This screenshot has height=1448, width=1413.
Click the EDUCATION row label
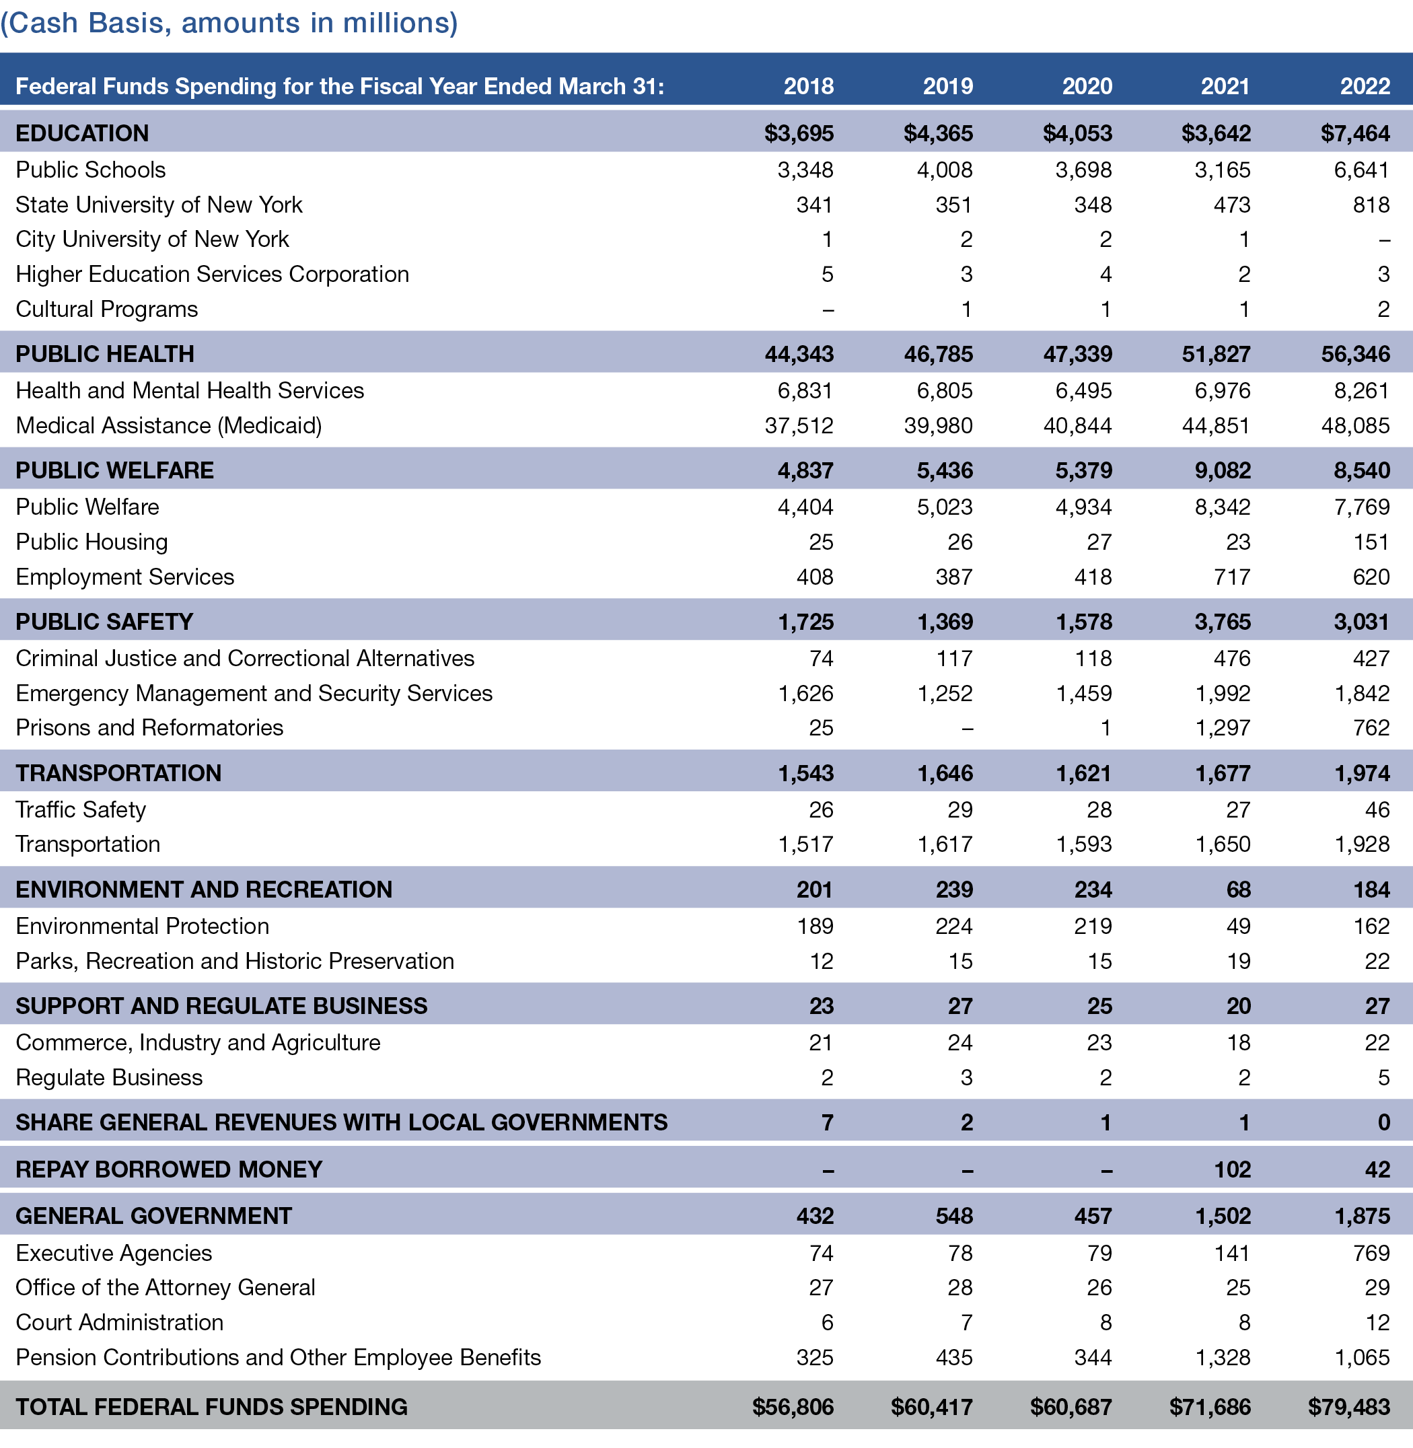pyautogui.click(x=82, y=134)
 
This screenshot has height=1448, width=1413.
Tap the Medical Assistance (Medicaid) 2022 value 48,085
pyautogui.click(x=1355, y=426)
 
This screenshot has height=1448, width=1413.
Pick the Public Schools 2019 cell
pyautogui.click(x=944, y=170)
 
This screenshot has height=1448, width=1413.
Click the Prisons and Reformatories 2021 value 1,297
pyautogui.click(x=1223, y=728)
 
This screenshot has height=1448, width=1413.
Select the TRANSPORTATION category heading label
pyautogui.click(x=118, y=773)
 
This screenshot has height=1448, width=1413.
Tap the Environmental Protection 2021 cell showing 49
pyautogui.click(x=1238, y=927)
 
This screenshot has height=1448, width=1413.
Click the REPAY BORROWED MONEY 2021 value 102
pyautogui.click(x=1232, y=1170)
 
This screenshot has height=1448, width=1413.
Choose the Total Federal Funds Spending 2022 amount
pyautogui.click(x=1348, y=1407)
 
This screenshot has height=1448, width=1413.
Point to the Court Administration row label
pyautogui.click(x=120, y=1323)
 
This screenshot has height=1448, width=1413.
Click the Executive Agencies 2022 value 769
pyautogui.click(x=1371, y=1254)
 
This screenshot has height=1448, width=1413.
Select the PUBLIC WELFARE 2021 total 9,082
pyautogui.click(x=1223, y=470)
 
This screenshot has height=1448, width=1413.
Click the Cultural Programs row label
pyautogui.click(x=107, y=310)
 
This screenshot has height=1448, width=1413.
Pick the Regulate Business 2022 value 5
pyautogui.click(x=1383, y=1078)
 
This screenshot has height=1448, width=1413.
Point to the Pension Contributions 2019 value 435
pyautogui.click(x=953, y=1357)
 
